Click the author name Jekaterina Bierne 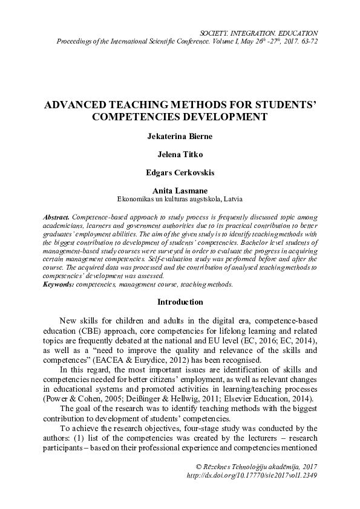(180, 136)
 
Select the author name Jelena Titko (180, 154)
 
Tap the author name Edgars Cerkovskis (180, 172)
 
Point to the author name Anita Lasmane (180, 190)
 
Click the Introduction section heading (180, 302)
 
